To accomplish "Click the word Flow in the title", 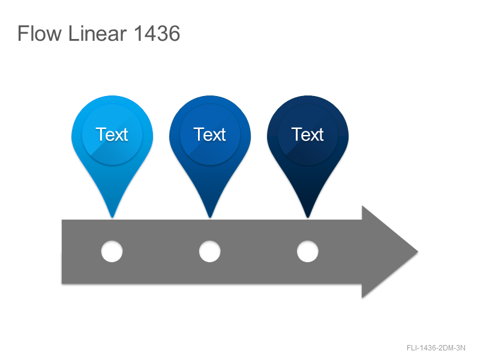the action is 40,34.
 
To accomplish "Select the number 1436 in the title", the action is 157,34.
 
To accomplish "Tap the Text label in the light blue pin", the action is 112,134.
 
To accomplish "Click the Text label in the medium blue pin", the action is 209,134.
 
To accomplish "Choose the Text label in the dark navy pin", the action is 308,134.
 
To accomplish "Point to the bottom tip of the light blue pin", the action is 112,218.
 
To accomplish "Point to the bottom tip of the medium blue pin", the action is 210,218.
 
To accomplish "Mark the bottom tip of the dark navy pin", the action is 308,218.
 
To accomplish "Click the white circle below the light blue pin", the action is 112,251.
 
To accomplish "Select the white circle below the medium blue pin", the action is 209,251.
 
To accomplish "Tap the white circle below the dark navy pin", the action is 308,251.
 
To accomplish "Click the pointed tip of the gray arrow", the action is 418,252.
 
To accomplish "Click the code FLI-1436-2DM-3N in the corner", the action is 436,348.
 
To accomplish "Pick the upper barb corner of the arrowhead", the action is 362,206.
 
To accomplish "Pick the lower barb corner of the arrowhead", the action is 362,298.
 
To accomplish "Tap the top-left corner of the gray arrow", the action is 62,220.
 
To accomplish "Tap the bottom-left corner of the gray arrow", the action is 62,283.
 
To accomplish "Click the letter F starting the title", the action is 23,34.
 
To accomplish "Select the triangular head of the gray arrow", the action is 386,252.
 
